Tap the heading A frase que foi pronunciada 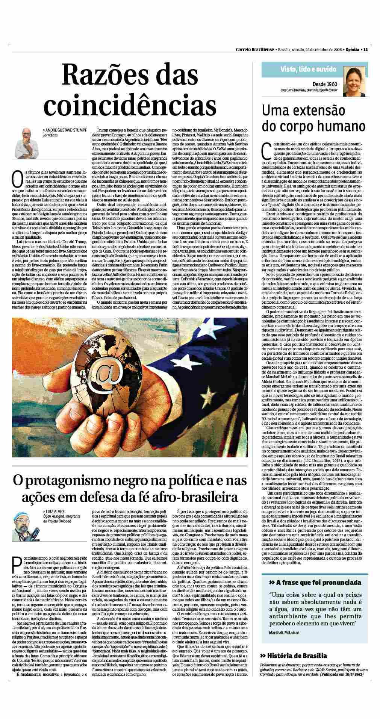[x=315, y=593]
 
